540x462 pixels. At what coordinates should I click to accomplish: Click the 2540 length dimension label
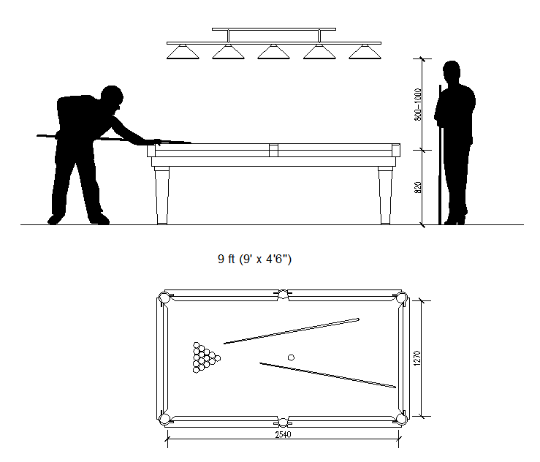[283, 433]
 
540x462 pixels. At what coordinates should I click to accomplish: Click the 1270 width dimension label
[417, 357]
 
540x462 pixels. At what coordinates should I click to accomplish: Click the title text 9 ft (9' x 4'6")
[255, 259]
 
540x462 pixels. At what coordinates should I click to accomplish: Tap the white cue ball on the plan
[291, 357]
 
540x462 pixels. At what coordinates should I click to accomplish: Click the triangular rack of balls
[205, 357]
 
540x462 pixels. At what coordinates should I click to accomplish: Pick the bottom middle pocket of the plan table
[283, 421]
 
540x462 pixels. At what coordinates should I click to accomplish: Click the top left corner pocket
[165, 298]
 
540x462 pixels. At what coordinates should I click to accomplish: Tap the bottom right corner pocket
[400, 418]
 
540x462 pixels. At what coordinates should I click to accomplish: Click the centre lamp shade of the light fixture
[273, 52]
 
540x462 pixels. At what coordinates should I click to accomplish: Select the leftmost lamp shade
[183, 52]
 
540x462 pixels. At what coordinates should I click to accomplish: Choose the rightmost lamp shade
[364, 52]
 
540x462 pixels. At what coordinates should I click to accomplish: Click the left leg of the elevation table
[163, 195]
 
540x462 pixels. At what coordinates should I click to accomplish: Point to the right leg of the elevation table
[384, 195]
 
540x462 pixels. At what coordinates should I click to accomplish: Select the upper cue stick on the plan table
[292, 330]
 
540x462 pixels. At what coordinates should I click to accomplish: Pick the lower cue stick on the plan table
[328, 374]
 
